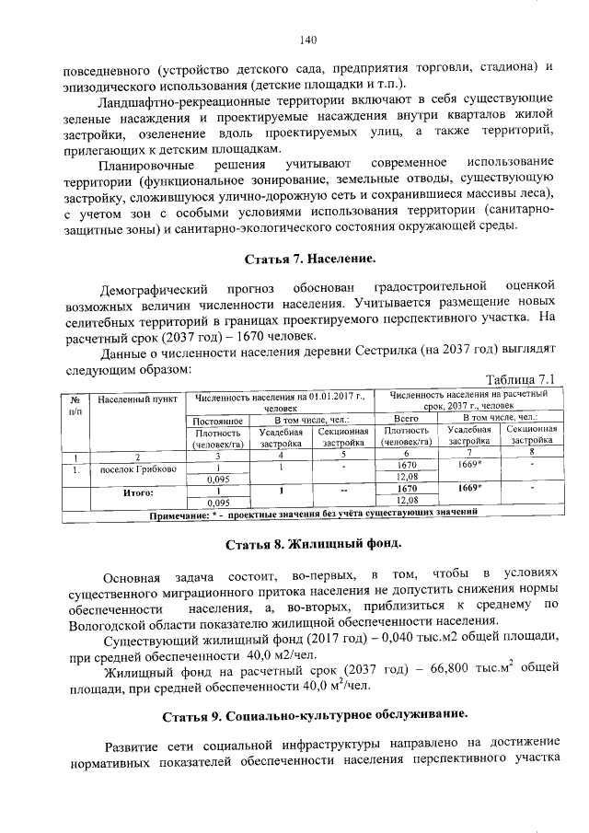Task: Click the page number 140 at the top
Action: pos(307,40)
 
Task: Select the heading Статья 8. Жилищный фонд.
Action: pos(309,544)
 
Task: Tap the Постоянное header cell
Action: pos(217,420)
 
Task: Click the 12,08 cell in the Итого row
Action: pos(407,498)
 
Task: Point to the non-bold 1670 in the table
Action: pos(407,465)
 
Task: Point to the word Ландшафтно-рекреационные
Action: pos(182,98)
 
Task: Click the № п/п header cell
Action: pos(75,405)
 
